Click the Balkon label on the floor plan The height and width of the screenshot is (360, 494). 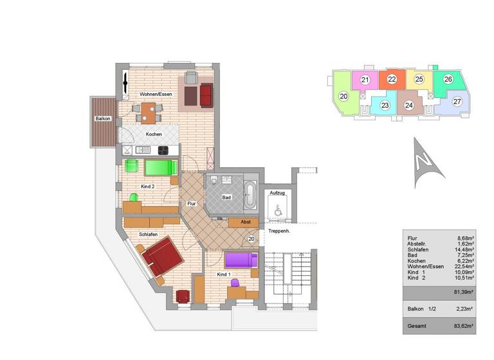103,119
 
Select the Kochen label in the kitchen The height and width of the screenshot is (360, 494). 153,134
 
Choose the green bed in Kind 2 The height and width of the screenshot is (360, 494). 161,168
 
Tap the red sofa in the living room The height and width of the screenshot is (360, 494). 206,95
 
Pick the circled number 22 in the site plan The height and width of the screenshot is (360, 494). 392,80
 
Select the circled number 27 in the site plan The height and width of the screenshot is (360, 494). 457,102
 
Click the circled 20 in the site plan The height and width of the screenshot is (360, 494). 344,96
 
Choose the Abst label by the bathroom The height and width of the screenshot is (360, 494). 245,222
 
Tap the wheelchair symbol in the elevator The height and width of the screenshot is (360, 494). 278,209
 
